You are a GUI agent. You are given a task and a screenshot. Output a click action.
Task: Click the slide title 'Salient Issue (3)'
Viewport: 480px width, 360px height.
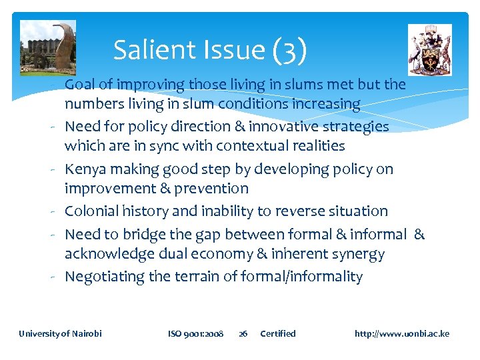[x=210, y=50]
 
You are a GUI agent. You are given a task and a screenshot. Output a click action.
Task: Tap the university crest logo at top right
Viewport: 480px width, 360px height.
[x=430, y=49]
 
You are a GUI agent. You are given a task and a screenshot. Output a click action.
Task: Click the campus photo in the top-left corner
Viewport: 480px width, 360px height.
[x=48, y=47]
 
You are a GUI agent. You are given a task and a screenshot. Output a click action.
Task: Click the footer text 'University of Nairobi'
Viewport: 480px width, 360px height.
[x=61, y=333]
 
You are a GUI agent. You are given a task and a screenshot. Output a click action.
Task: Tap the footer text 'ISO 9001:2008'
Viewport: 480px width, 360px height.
[x=195, y=333]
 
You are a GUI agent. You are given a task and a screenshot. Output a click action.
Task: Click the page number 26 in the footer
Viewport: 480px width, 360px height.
[x=243, y=333]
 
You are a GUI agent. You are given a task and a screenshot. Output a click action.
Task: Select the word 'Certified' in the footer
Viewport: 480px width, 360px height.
[x=278, y=333]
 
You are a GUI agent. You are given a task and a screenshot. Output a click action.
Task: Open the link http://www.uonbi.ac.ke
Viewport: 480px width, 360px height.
[x=402, y=333]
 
